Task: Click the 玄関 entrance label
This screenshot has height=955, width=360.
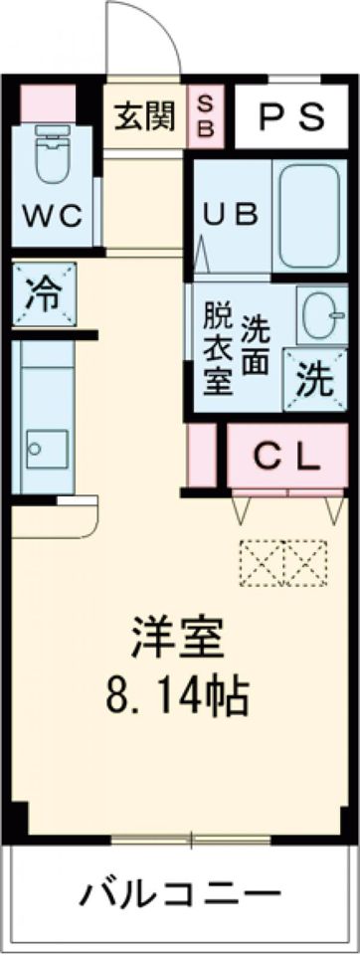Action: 143,116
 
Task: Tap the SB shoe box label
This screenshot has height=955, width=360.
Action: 207,116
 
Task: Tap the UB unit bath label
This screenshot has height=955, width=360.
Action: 231,214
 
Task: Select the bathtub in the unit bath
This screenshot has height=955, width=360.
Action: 310,216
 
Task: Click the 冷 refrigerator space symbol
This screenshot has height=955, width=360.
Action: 42,292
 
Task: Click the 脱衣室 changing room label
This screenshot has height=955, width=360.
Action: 217,349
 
